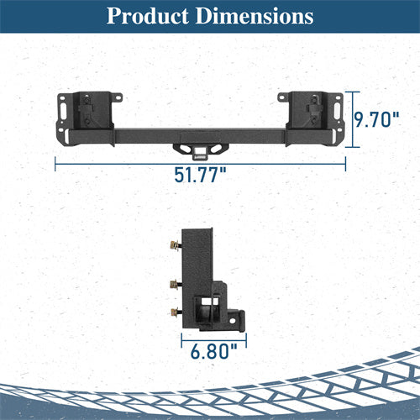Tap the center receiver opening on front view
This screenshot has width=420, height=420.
199,152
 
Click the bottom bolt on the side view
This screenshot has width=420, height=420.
174,312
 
